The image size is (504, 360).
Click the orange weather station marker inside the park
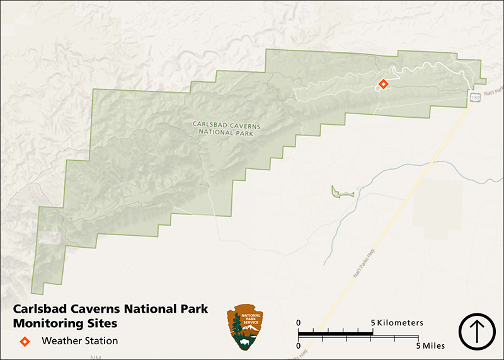tap(383, 84)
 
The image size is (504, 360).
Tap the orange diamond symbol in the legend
tap(25, 341)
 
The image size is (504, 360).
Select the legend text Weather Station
tap(79, 341)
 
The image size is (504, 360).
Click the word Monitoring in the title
tap(48, 325)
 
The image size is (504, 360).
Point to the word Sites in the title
tap(101, 325)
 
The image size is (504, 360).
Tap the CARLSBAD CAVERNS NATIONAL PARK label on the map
tap(226, 129)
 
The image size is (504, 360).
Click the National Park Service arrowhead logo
tap(245, 327)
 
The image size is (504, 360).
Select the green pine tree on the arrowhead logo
tap(236, 326)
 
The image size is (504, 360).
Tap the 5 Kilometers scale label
tap(398, 323)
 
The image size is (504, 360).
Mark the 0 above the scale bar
tap(299, 323)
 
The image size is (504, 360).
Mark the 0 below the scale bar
tap(299, 346)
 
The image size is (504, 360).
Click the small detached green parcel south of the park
tap(338, 192)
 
